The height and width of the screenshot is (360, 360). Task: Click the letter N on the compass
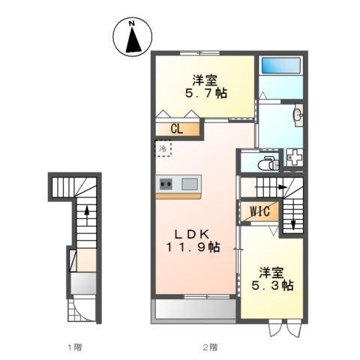(131, 24)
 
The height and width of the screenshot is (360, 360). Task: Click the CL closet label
(176, 129)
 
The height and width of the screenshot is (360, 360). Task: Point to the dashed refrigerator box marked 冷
(163, 148)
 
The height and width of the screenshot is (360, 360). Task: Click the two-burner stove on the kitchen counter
(166, 183)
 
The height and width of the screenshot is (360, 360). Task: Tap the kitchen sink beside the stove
(189, 183)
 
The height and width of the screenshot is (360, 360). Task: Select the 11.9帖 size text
(193, 246)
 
